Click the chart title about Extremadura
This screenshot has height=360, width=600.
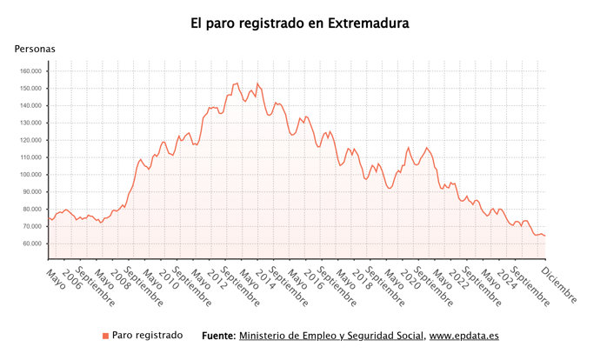click(x=300, y=23)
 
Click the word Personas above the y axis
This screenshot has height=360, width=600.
click(x=35, y=50)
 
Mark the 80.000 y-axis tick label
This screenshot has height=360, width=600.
click(x=31, y=210)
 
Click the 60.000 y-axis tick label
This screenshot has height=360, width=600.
click(x=31, y=243)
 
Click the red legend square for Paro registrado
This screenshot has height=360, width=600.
click(x=106, y=336)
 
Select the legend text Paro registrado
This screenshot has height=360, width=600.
click(x=148, y=336)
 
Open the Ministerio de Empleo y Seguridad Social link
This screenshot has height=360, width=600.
click(x=331, y=336)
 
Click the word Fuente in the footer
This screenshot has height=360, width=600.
click(x=217, y=336)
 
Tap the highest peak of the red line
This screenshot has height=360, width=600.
click(x=237, y=83)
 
